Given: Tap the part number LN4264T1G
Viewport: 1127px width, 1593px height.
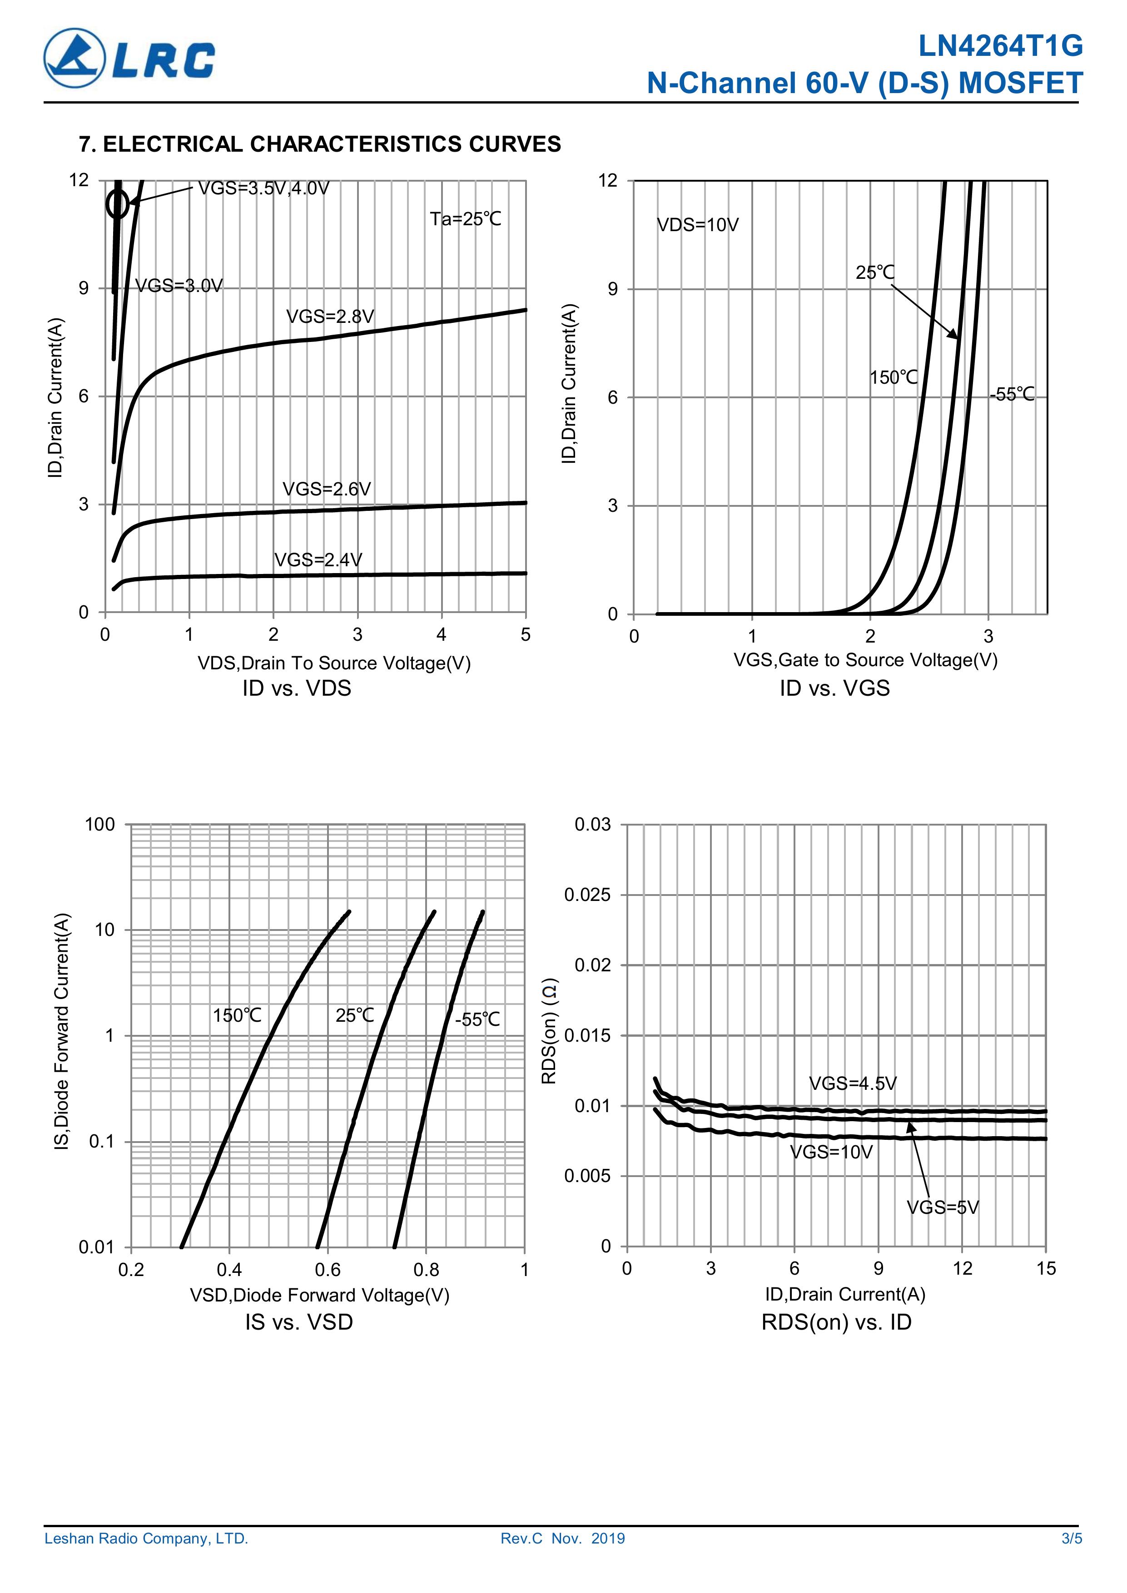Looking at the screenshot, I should [x=1000, y=46].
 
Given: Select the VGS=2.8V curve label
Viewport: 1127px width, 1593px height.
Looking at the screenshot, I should [x=330, y=317].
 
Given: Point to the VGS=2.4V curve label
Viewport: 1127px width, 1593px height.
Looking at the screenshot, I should [x=318, y=560].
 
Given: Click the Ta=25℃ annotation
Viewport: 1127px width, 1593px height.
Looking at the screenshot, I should [x=465, y=219].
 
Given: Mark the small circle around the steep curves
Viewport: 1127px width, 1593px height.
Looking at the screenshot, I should [x=117, y=204].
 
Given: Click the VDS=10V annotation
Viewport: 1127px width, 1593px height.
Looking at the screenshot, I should [x=697, y=225].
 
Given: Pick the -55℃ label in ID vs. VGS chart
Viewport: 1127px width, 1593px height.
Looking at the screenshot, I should [x=1012, y=395].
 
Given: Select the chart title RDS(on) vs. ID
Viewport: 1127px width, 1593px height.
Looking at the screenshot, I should [x=836, y=1322].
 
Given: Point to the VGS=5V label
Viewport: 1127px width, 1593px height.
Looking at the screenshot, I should [x=943, y=1208].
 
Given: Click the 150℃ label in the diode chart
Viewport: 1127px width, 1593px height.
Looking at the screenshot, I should [x=237, y=1016].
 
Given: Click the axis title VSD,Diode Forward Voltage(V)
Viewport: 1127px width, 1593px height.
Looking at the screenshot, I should [x=320, y=1296].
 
